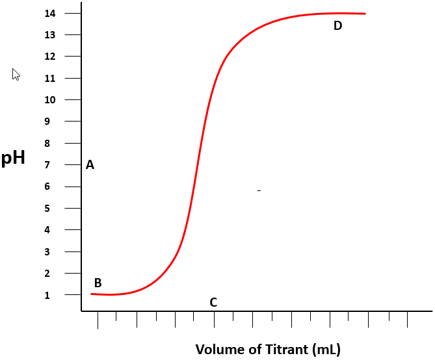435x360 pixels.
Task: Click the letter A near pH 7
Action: click(x=90, y=165)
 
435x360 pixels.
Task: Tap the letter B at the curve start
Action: click(x=98, y=283)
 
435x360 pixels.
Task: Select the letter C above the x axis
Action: click(x=213, y=302)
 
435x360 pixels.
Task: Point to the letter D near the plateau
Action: click(x=337, y=26)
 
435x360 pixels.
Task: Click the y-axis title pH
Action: click(x=13, y=158)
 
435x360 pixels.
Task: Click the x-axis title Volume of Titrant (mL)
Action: click(x=268, y=349)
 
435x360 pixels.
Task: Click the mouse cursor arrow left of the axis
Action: click(x=16, y=73)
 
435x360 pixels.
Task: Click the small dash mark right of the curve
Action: click(x=259, y=190)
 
